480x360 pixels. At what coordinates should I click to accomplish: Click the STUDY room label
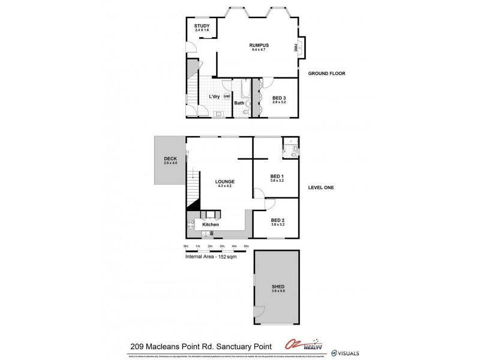(x=200, y=26)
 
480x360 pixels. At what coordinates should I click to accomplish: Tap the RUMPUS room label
(x=259, y=45)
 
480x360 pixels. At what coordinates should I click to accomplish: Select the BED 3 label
(x=279, y=98)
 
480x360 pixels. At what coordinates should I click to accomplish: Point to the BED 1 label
(x=277, y=176)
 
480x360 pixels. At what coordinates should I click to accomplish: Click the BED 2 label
(x=277, y=220)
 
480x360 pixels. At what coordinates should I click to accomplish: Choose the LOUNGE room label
(x=225, y=181)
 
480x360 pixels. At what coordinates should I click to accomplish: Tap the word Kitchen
(x=211, y=224)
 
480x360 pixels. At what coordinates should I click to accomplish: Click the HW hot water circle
(x=227, y=97)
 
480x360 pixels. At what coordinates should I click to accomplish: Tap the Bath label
(x=239, y=103)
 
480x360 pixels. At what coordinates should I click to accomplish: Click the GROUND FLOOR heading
(x=326, y=74)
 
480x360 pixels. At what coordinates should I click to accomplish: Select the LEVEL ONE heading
(x=320, y=188)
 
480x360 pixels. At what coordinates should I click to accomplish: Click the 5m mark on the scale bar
(x=246, y=247)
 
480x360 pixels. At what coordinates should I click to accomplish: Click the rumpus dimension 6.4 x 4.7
(x=259, y=49)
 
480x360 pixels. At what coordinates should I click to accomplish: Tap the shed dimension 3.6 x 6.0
(x=277, y=290)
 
